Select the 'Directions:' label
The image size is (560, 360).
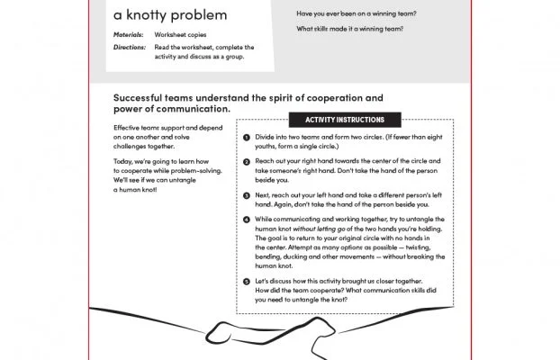coord(130,47)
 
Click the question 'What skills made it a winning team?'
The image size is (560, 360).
coord(351,30)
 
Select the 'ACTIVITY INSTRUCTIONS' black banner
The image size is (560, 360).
coord(346,120)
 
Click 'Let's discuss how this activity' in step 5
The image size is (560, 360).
coord(311,281)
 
